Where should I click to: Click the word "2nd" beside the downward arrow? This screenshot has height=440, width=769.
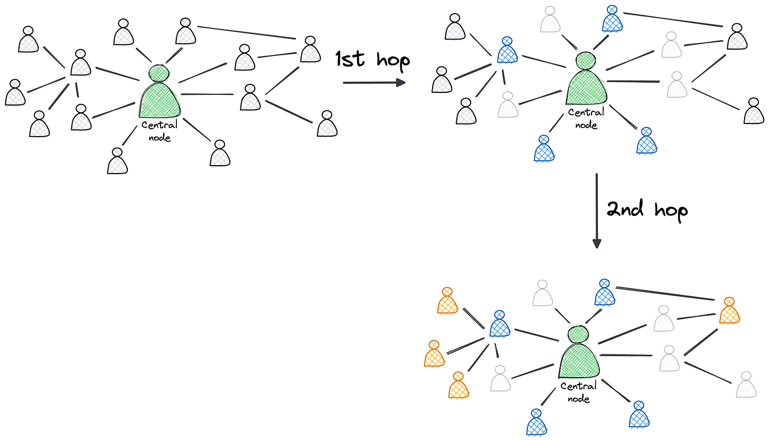624,209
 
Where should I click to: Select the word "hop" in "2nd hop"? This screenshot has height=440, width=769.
671,211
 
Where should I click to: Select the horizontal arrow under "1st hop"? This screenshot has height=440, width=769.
373,83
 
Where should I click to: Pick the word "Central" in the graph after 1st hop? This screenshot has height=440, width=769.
586,112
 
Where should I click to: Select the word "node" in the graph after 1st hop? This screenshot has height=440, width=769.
586,125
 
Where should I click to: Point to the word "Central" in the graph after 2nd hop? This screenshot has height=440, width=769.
579,386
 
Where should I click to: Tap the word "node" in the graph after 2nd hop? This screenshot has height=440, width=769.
579,399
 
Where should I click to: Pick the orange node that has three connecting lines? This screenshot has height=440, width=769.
729,311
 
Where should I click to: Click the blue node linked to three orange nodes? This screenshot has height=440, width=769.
500,324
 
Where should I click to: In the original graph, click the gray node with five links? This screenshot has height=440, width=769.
80,63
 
